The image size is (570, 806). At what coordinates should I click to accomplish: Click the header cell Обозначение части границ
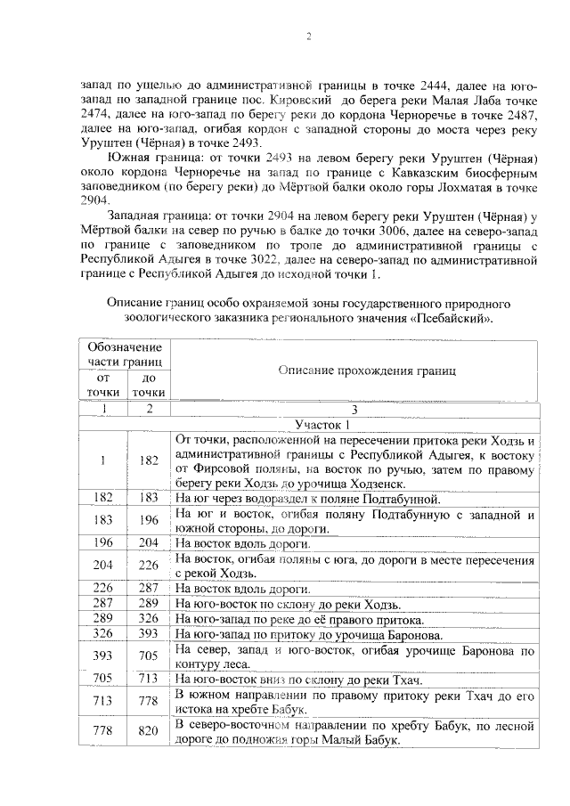point(125,354)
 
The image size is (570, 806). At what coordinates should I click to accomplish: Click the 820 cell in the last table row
point(149,732)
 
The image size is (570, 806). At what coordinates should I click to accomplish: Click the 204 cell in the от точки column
point(103,566)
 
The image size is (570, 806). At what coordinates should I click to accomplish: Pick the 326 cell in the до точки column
point(149,619)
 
